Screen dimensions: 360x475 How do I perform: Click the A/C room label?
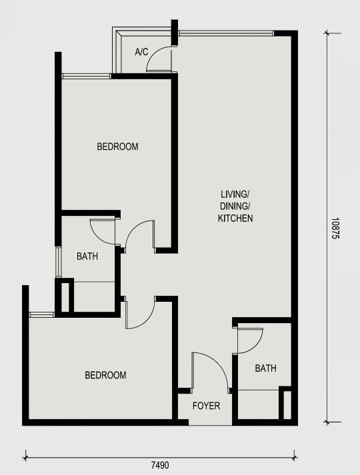pyautogui.click(x=141, y=52)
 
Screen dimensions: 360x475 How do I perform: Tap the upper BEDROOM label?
pyautogui.click(x=117, y=147)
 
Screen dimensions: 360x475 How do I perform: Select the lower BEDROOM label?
pyautogui.click(x=105, y=375)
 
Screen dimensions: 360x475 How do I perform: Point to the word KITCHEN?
pyautogui.click(x=235, y=218)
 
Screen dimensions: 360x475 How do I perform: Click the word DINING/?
pyautogui.click(x=235, y=206)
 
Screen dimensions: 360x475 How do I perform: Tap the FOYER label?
pyautogui.click(x=206, y=406)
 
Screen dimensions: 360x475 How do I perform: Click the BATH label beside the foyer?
pyautogui.click(x=266, y=368)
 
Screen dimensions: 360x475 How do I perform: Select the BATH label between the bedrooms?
pyautogui.click(x=87, y=256)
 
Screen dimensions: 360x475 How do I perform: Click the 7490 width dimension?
pyautogui.click(x=160, y=465)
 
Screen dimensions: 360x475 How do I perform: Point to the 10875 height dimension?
pyautogui.click(x=335, y=229)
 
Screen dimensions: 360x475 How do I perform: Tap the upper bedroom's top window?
pyautogui.click(x=86, y=76)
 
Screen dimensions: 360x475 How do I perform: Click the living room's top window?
pyautogui.click(x=226, y=33)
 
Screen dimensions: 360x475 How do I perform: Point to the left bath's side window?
pyautogui.click(x=59, y=262)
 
